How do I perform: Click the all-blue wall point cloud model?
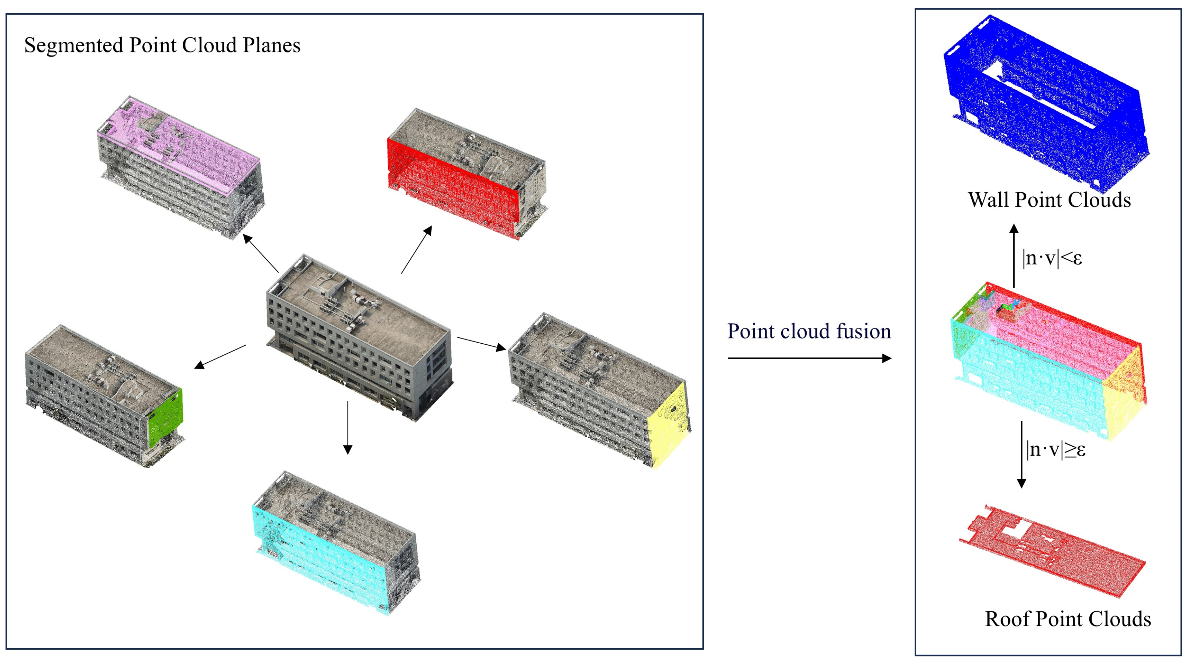1048,106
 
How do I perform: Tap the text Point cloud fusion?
809,331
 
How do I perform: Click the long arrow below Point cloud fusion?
809,358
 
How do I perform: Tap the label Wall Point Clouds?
1049,199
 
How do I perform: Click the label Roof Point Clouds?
1068,619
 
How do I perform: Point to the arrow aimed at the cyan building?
348,427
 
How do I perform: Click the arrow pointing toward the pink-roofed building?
261,254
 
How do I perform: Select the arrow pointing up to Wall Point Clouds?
1014,256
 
